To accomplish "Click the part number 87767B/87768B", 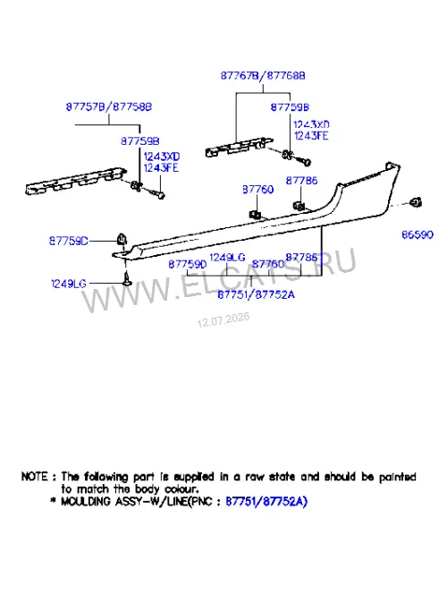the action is point(263,75).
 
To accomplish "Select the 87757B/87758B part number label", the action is point(109,106).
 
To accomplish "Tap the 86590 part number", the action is point(417,234).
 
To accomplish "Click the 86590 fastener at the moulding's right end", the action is point(416,202).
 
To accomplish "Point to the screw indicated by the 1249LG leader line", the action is point(127,278).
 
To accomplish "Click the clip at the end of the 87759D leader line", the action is point(122,239).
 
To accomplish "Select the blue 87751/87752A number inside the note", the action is point(266,501).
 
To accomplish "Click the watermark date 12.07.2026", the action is point(223,319).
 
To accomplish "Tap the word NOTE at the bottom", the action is point(35,477).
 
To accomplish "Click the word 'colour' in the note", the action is point(181,489).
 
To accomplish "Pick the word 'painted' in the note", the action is point(398,477).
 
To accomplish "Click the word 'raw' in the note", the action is point(255,477).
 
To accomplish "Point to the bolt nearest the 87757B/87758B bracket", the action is point(156,193).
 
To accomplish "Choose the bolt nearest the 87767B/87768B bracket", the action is point(303,160).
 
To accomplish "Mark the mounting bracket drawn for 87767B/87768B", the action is point(239,147).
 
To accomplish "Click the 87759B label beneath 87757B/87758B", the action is point(140,140).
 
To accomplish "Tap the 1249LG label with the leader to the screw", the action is point(69,284).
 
